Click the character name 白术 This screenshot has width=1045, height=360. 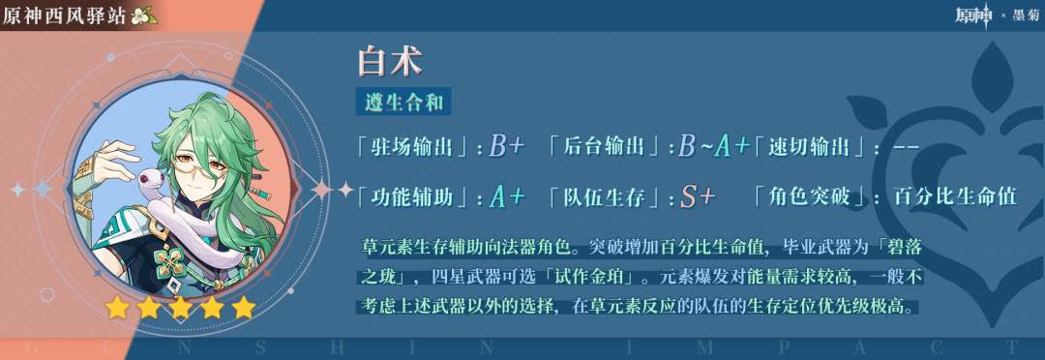(390, 61)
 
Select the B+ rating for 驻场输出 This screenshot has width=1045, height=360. (506, 147)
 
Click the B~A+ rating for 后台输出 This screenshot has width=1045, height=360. (714, 147)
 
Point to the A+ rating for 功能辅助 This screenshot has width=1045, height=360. (507, 196)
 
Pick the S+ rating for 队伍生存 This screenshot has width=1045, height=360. (698, 196)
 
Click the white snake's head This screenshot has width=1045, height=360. (151, 179)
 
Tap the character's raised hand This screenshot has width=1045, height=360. (112, 157)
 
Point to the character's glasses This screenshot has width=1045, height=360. (202, 162)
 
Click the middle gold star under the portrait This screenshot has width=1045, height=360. (180, 308)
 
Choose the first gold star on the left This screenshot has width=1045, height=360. (117, 308)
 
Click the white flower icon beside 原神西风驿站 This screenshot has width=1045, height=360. (142, 15)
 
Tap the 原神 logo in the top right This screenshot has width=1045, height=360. (975, 15)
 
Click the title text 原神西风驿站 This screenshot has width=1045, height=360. (64, 15)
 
